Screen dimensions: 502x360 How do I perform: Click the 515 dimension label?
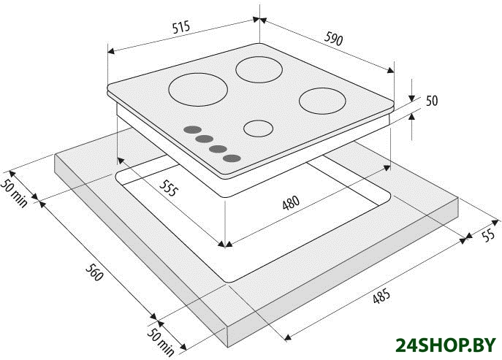(x=181, y=27)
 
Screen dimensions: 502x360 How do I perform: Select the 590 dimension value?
(x=334, y=39)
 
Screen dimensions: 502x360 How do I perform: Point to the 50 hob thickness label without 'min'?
(x=432, y=101)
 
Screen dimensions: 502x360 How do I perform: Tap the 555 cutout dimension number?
(x=168, y=188)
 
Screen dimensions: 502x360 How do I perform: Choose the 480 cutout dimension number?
(x=291, y=203)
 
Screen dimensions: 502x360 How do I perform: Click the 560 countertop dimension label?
(x=94, y=272)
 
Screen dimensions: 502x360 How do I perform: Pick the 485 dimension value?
(x=381, y=296)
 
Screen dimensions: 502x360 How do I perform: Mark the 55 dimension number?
(x=488, y=236)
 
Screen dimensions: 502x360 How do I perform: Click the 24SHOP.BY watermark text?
(x=445, y=345)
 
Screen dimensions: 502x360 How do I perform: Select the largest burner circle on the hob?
(x=198, y=90)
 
